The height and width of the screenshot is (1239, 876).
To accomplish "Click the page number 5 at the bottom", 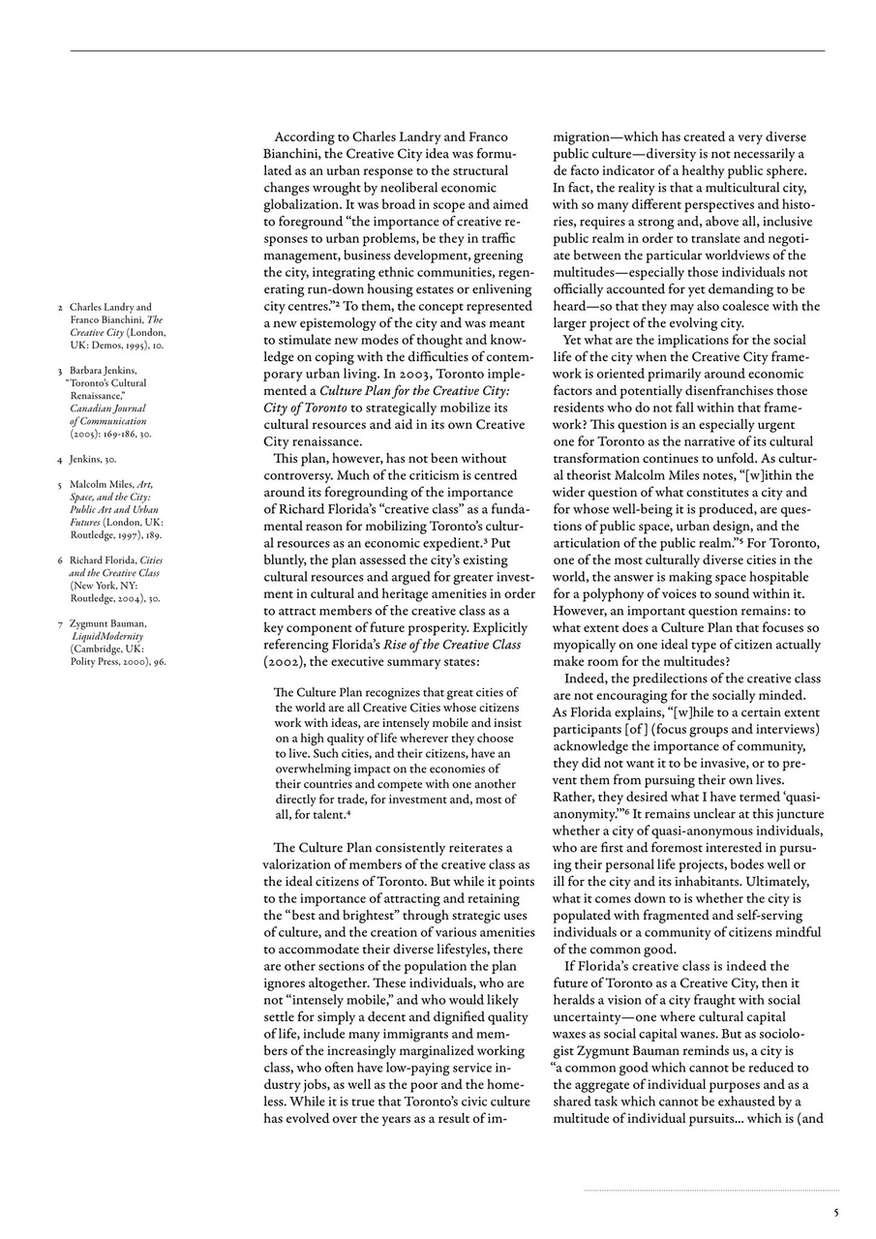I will (836, 1211).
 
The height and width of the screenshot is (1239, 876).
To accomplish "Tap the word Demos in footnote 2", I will (104, 345).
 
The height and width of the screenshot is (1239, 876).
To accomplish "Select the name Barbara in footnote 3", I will (88, 370).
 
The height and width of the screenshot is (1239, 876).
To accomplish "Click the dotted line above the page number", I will (710, 1191).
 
